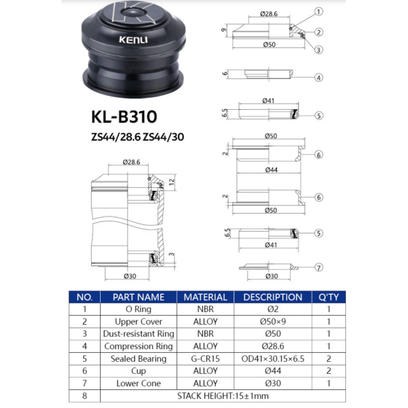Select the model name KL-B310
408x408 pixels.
(x=124, y=117)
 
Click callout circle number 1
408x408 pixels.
(x=319, y=12)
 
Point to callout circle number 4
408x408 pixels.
(x=319, y=77)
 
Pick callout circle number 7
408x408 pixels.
(x=319, y=268)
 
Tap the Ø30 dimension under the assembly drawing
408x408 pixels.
(x=129, y=276)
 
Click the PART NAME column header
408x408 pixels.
(x=138, y=297)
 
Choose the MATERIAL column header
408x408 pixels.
(x=205, y=297)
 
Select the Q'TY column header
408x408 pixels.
(x=328, y=297)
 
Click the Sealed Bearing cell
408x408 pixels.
(x=138, y=359)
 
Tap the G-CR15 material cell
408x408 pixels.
(x=205, y=359)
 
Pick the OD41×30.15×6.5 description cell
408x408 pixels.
(x=273, y=359)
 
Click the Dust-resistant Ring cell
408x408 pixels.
(x=138, y=334)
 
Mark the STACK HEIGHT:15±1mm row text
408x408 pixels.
(x=223, y=395)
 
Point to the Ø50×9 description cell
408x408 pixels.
(x=273, y=322)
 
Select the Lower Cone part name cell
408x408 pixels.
(x=138, y=383)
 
